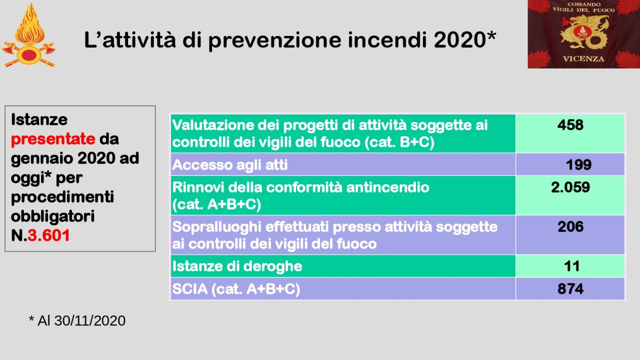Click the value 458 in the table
point(570,125)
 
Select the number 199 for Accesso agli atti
point(578,165)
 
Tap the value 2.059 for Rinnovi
point(570,187)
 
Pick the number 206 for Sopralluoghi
point(570,226)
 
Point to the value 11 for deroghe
point(571,266)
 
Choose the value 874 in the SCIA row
point(570,289)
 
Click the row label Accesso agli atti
point(229,165)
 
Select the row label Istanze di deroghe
point(237,266)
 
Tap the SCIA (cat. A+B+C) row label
point(236,289)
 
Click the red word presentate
point(53,139)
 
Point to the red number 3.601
point(49,235)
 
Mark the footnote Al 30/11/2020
point(81,320)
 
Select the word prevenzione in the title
point(275,40)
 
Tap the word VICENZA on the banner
point(583,59)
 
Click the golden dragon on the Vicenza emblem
point(583,33)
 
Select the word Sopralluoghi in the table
point(217,227)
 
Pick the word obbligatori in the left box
point(52,216)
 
